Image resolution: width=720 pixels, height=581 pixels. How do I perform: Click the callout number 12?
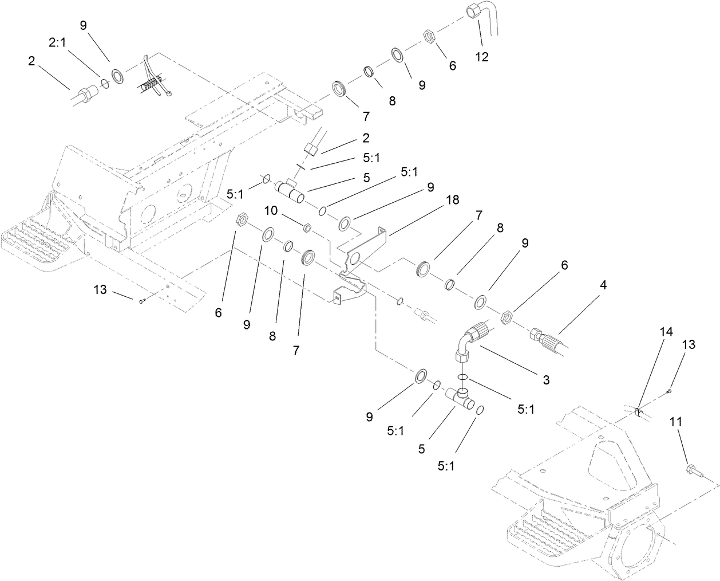pyautogui.click(x=482, y=57)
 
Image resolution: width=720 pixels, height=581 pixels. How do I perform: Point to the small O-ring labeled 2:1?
pyautogui.click(x=105, y=83)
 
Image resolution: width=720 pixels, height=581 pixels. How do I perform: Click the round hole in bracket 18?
pyautogui.click(x=354, y=260)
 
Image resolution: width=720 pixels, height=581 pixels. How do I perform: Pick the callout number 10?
pyautogui.click(x=271, y=210)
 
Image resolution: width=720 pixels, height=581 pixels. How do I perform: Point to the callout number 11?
pyautogui.click(x=676, y=422)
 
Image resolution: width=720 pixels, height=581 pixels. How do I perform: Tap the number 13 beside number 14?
pyautogui.click(x=690, y=344)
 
